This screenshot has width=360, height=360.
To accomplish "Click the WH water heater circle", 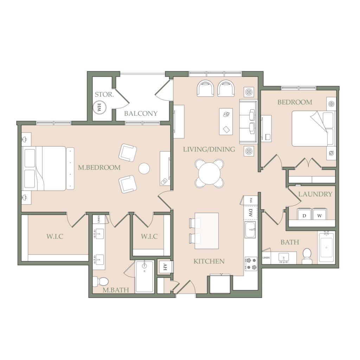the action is coord(99,107).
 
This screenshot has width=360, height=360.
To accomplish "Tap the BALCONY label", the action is coord(141,114).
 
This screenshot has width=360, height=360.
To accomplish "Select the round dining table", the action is coord(210,173).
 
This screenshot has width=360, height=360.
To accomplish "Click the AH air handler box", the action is coord(165,267).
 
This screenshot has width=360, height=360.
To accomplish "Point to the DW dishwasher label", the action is coord(250,213).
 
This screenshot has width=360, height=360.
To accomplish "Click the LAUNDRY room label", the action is coord(315,194).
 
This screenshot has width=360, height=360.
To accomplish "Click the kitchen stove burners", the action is coord(251,264).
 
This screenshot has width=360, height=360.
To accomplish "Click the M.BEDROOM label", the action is coord(99,167).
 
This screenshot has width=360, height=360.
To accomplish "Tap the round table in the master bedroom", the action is coord(144,168).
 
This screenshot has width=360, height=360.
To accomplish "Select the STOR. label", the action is coord(104,94).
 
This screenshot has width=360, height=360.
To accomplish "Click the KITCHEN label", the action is coord(209,261).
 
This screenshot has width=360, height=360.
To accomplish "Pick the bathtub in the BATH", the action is coord(326,247).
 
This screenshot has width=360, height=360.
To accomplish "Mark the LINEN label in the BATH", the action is coord(266,258).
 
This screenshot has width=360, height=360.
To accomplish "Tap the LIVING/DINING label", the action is coord(209,149).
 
